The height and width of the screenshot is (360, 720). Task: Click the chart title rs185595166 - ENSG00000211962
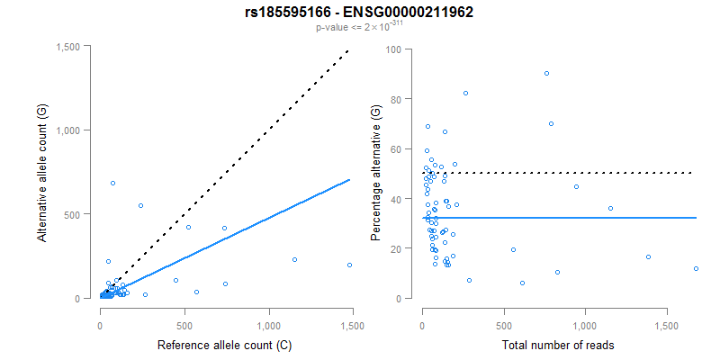coord(359,12)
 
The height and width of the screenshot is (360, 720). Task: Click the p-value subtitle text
coord(359,28)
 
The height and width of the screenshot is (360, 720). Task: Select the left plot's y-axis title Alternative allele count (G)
coord(41,173)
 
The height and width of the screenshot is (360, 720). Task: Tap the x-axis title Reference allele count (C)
coord(225,345)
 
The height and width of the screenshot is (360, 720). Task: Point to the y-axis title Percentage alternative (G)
coord(376,173)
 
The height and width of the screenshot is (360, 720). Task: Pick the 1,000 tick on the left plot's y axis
coord(76,130)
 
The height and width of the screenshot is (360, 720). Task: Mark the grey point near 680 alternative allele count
coord(112,184)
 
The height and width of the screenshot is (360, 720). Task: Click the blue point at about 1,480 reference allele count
coord(349,265)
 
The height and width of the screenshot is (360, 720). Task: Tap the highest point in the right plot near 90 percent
coord(546,74)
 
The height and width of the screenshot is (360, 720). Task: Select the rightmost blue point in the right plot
coord(696,268)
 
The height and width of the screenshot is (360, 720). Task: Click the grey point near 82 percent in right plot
coord(465,94)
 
